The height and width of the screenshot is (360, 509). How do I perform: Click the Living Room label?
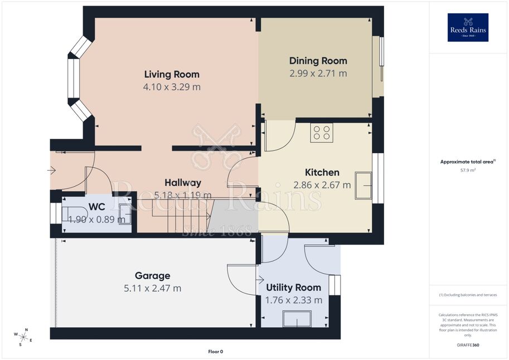(172, 74)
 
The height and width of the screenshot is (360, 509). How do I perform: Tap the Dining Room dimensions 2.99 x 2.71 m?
(318, 74)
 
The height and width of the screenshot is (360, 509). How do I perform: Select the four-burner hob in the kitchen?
(321, 133)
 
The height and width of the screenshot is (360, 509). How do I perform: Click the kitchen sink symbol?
(363, 186)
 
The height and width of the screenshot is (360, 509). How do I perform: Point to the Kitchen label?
(322, 172)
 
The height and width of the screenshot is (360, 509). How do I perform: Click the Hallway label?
(183, 183)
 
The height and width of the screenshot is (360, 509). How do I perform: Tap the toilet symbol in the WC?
(74, 214)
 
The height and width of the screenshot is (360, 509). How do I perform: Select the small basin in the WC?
(125, 214)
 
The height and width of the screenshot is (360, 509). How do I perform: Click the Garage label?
(153, 276)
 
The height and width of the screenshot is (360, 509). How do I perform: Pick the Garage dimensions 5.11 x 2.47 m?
(153, 288)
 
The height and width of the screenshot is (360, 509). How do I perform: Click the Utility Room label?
(293, 288)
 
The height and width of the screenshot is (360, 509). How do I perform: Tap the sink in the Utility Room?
(297, 319)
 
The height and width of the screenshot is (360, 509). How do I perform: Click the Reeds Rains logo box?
(468, 28)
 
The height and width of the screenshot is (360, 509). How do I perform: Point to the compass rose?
(23, 337)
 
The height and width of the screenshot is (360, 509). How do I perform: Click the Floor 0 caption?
(216, 352)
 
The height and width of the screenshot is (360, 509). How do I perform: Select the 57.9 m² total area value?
(468, 170)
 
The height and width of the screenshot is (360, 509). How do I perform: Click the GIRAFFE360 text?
(468, 345)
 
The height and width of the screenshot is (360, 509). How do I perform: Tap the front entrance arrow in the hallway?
(52, 170)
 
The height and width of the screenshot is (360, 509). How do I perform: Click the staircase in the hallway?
(175, 216)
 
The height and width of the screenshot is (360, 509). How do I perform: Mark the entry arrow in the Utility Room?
(260, 279)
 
